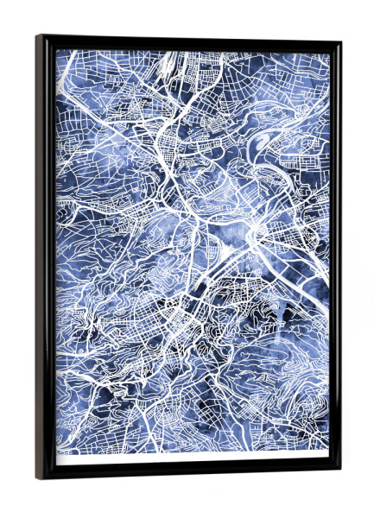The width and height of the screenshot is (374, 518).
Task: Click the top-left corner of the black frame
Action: point(37,36)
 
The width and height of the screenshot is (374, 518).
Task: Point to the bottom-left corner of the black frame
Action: point(37,479)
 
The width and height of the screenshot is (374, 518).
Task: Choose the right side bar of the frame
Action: point(335,259)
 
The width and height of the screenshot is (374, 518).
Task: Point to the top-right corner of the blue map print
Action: point(329,54)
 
